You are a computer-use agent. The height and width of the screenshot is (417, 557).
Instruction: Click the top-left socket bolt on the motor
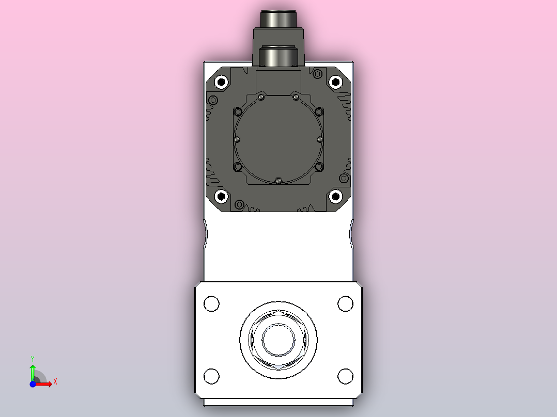222,82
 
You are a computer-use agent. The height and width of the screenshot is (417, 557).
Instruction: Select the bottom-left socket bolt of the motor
222,196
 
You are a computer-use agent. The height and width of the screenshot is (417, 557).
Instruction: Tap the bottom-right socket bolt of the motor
336,196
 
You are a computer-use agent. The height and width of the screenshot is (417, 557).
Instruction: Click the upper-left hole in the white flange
212,303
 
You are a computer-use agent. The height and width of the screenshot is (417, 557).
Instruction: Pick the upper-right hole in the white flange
345,303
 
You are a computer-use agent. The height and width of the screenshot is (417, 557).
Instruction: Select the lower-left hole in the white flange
212,376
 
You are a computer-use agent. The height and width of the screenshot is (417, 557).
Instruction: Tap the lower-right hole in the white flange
345,376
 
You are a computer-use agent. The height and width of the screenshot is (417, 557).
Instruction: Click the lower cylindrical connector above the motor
278,56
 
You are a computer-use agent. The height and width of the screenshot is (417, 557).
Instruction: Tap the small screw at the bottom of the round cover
278,181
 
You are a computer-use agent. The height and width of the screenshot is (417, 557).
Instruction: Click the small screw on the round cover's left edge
237,139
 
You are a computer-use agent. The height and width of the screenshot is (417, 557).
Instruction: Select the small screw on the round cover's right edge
320,139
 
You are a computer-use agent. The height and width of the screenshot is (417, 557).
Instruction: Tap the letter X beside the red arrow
55,382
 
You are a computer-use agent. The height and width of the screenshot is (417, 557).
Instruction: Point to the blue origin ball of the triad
33,384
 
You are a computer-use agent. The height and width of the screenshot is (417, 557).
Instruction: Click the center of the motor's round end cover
278,139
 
